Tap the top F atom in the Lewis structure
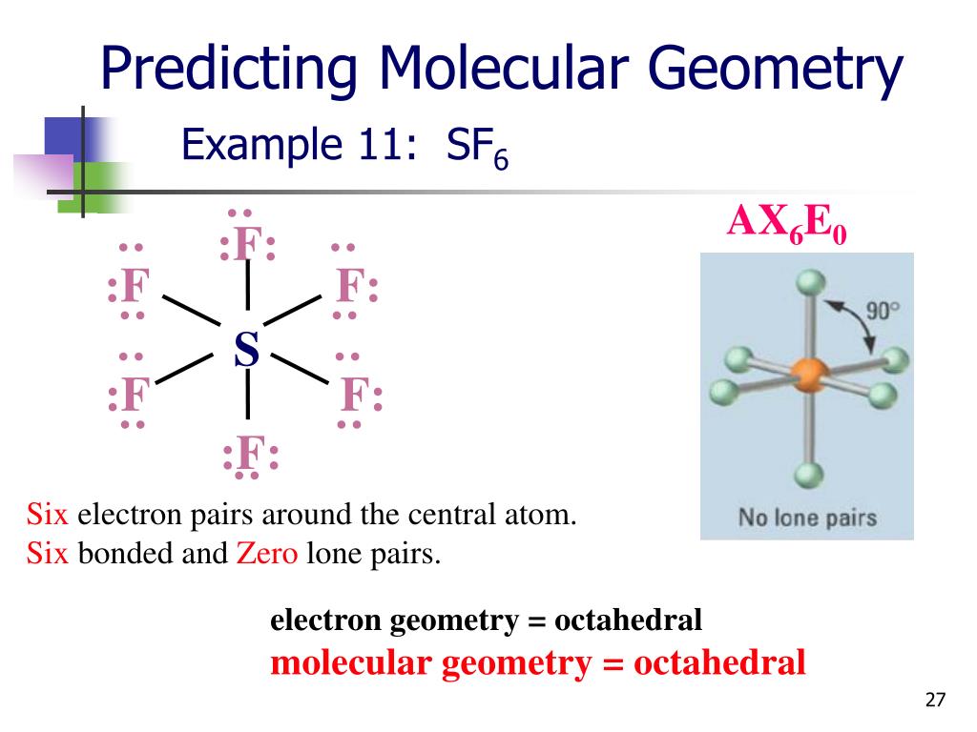tap(248, 245)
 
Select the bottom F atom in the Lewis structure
tap(249, 455)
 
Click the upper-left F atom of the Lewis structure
tap(134, 287)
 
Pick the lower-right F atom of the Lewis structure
tap(355, 395)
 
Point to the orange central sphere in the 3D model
tap(807, 374)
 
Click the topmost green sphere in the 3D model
tap(809, 282)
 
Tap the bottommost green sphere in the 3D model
tap(808, 473)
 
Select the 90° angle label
tap(883, 312)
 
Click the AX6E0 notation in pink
tap(787, 223)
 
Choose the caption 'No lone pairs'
tap(807, 518)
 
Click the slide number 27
tap(935, 701)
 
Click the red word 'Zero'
tap(267, 554)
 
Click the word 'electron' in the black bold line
tap(326, 620)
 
